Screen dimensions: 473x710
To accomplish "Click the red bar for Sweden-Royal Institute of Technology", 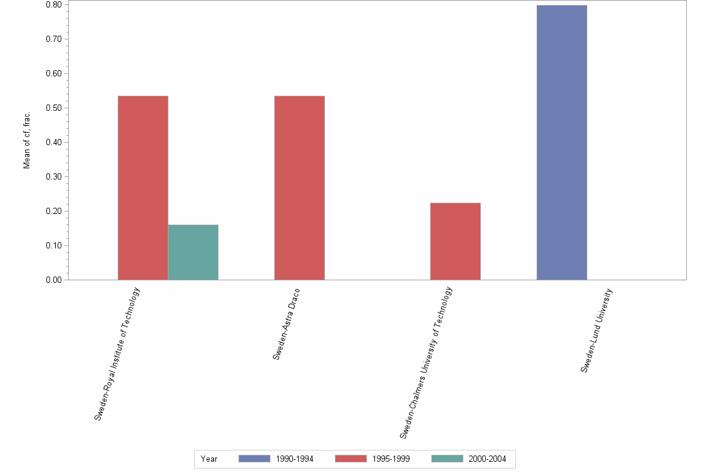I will [x=143, y=188].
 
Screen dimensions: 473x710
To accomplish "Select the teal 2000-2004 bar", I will [x=193, y=252].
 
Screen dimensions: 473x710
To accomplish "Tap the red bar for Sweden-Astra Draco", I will [x=299, y=188].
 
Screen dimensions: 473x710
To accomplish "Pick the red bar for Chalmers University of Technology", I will [x=455, y=242].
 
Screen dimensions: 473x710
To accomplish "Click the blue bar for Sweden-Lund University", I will [x=562, y=143].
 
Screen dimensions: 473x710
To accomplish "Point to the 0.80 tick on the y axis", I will [x=53, y=5].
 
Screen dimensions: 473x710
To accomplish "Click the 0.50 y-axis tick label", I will [x=53, y=108].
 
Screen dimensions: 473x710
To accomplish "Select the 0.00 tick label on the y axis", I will [x=53, y=280].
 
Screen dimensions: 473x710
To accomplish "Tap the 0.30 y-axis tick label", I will [x=53, y=177].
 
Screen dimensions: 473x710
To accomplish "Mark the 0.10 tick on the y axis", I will [x=53, y=246].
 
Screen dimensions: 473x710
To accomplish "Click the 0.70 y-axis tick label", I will [x=53, y=39].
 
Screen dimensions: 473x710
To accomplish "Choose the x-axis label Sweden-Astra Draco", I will [x=287, y=324].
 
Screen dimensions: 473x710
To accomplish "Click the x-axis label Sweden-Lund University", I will [x=596, y=330].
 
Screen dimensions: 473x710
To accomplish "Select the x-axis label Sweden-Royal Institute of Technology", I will [x=117, y=353].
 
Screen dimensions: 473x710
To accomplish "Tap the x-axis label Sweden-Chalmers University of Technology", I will [x=426, y=363].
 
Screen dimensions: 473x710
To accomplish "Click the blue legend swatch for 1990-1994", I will [x=254, y=459].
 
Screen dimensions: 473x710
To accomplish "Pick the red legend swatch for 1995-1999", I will [x=351, y=459].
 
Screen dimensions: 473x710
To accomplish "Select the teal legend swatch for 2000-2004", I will [x=448, y=459].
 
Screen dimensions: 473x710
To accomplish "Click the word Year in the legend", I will [x=209, y=459].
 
